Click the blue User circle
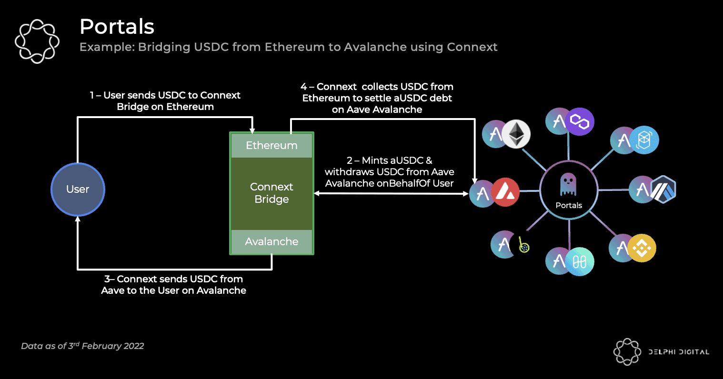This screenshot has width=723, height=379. pyautogui.click(x=78, y=189)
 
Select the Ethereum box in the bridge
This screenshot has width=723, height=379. pyautogui.click(x=271, y=146)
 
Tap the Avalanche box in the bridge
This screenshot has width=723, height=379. pyautogui.click(x=271, y=242)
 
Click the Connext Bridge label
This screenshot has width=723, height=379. pyautogui.click(x=271, y=193)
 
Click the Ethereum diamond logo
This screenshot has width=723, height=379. pyautogui.click(x=516, y=134)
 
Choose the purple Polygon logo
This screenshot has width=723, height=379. pyautogui.click(x=580, y=122)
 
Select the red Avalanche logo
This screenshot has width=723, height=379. pyautogui.click(x=505, y=193)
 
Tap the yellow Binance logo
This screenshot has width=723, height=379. pyautogui.click(x=642, y=248)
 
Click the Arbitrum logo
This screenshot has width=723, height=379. pyautogui.click(x=662, y=189)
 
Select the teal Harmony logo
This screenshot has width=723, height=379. pyautogui.click(x=580, y=261)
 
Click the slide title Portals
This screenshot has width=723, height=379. pyautogui.click(x=117, y=27)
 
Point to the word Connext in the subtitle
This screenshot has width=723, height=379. pyautogui.click(x=472, y=47)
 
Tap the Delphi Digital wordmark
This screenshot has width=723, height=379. pyautogui.click(x=679, y=352)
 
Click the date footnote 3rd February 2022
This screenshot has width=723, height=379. pyautogui.click(x=82, y=346)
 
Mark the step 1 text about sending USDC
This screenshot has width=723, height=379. pyautogui.click(x=165, y=101)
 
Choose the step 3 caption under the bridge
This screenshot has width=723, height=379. pyautogui.click(x=174, y=285)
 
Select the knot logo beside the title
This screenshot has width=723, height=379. pyautogui.click(x=37, y=41)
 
